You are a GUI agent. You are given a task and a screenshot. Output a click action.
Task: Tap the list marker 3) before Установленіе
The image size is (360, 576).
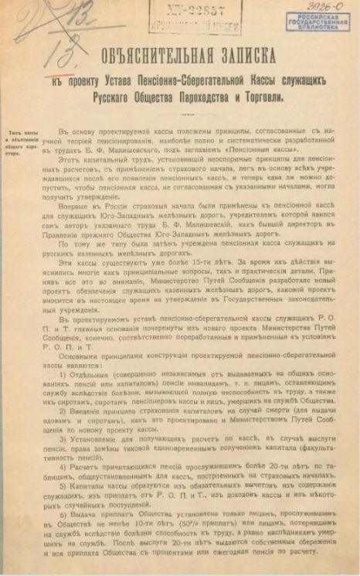84,438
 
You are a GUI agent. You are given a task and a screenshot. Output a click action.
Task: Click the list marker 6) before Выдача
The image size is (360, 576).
84,514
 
